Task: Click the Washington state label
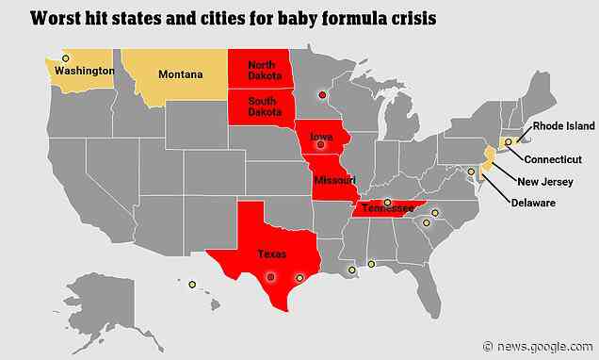85,71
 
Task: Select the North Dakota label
262,71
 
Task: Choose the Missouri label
335,180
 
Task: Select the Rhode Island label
563,124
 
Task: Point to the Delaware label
534,203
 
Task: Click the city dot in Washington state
65,58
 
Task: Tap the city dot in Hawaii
192,284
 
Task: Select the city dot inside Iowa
320,145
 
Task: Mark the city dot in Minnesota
322,94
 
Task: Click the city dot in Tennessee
387,202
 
